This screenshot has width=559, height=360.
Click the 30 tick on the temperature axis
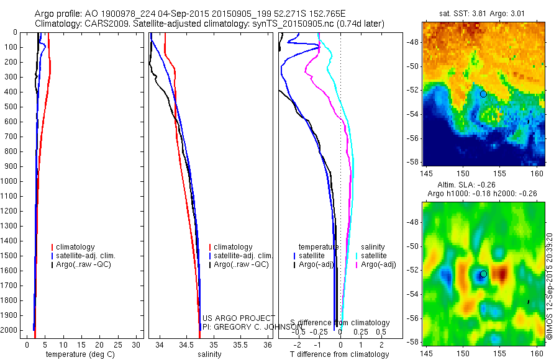(x=137, y=345)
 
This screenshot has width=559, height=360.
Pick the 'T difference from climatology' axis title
(x=339, y=354)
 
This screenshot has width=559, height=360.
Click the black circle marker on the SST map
(x=483, y=94)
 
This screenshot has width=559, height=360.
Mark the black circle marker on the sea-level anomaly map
(x=483, y=274)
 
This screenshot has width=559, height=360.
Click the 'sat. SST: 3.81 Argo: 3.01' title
(x=483, y=12)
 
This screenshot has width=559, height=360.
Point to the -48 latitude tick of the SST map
(x=414, y=42)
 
